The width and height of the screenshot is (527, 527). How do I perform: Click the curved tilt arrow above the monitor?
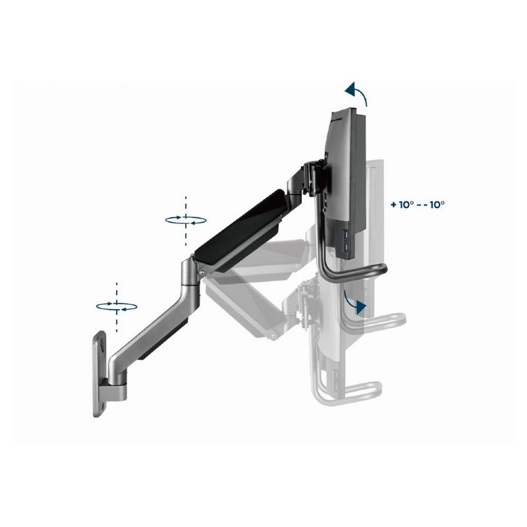(357, 92)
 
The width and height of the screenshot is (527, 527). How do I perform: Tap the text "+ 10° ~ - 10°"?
(417, 204)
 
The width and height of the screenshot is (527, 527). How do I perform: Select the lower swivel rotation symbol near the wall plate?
(117, 306)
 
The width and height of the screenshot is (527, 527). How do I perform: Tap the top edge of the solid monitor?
(346, 113)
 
